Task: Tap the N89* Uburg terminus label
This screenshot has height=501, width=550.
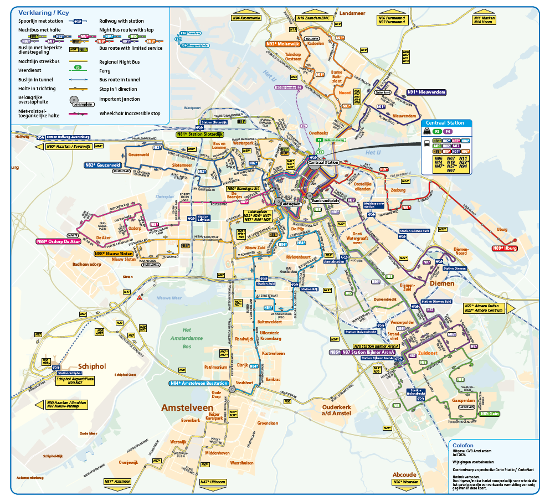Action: (505, 248)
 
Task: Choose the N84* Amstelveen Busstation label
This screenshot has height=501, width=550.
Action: (198, 383)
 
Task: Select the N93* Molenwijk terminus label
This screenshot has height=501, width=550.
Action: (282, 43)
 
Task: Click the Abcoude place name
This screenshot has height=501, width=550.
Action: (404, 474)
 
